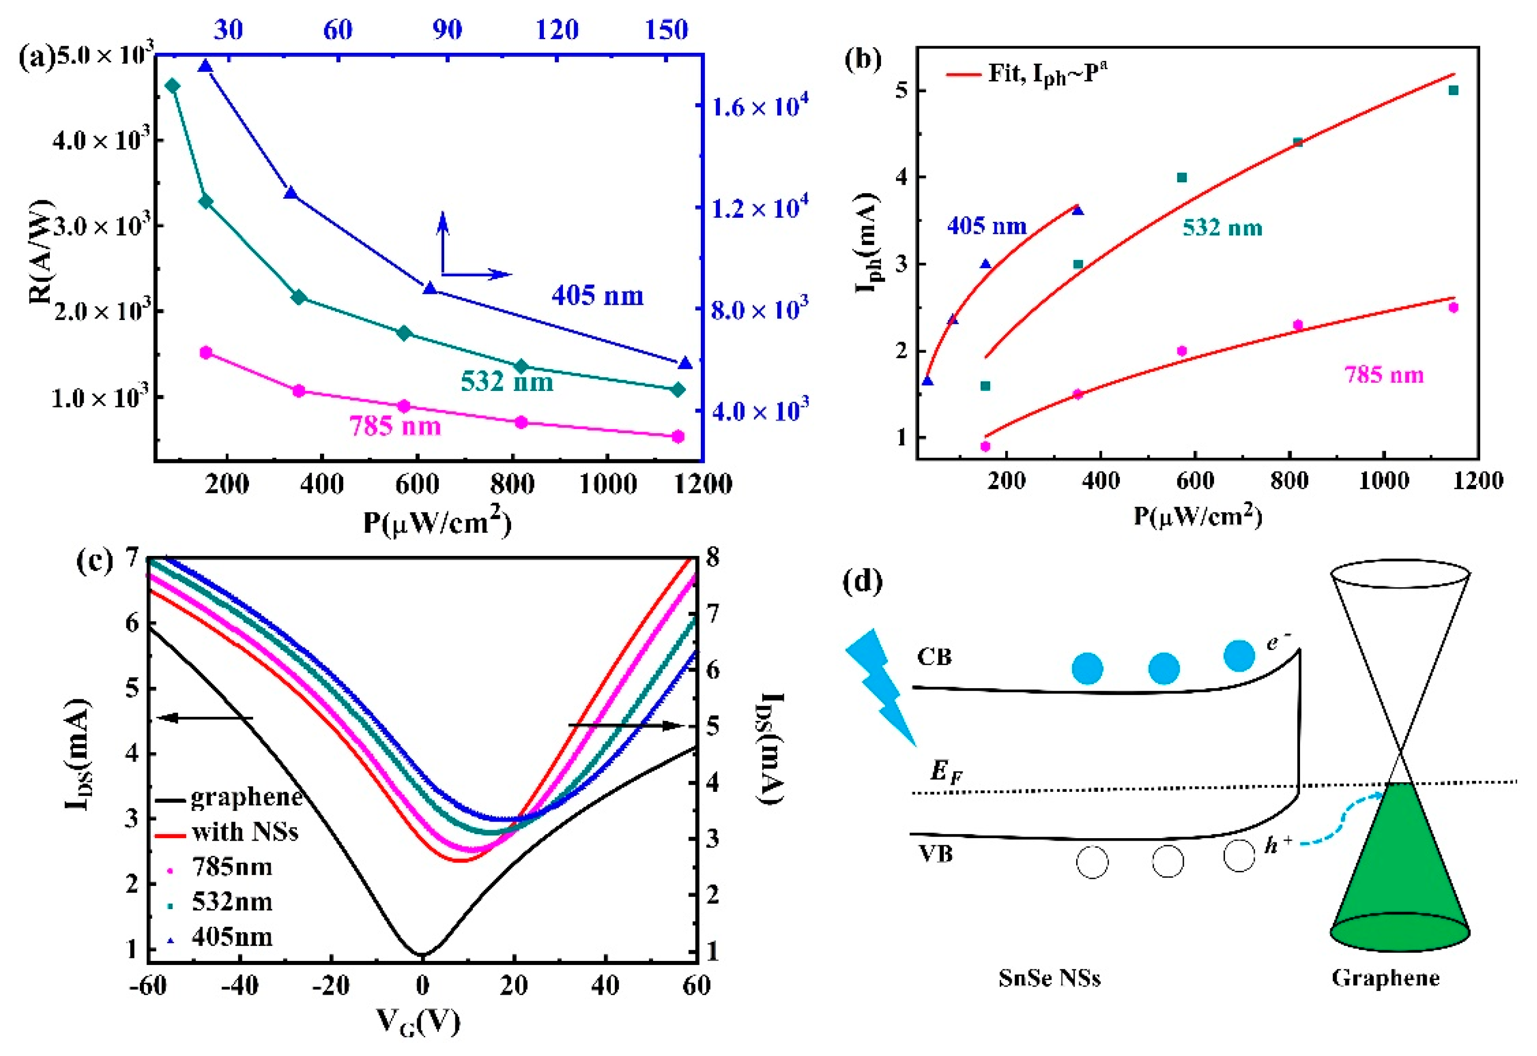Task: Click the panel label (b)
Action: point(863,59)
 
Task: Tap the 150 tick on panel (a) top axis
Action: point(666,30)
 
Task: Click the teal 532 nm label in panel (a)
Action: point(506,382)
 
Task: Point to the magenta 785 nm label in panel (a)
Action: point(395,426)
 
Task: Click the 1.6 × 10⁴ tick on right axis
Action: point(759,106)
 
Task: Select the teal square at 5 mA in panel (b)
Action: point(1453,91)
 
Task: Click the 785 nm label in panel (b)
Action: point(1384,375)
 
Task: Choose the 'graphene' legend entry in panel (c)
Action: point(245,798)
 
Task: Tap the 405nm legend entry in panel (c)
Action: point(231,937)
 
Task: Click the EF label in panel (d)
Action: point(945,771)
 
